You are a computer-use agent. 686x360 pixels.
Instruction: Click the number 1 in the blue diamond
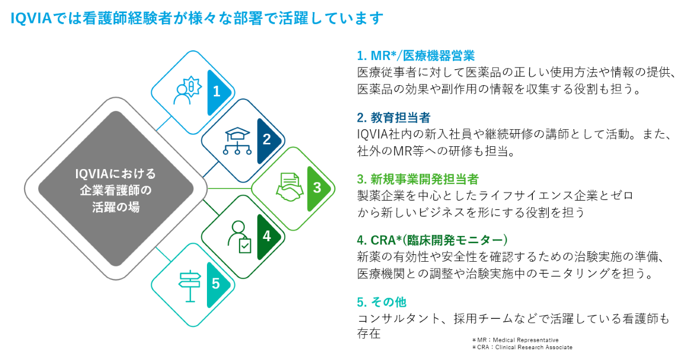[x=217, y=91]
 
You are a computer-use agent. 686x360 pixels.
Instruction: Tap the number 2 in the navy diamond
[x=267, y=139]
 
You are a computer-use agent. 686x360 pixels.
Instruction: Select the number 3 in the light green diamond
[x=317, y=187]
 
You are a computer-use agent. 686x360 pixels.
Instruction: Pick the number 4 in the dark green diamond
[x=267, y=236]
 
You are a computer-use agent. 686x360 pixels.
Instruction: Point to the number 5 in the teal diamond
[x=216, y=284]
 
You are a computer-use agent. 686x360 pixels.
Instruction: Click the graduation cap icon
[x=237, y=141]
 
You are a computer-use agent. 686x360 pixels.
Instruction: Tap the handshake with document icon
[x=290, y=187]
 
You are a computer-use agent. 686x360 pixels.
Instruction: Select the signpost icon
[x=190, y=286]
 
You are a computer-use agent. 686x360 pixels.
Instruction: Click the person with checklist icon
[x=240, y=237]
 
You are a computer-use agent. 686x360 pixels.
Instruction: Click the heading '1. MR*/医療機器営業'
[x=416, y=56]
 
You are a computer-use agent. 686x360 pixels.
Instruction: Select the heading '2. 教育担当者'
[x=394, y=118]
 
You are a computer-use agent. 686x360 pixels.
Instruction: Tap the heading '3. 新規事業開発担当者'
[x=418, y=179]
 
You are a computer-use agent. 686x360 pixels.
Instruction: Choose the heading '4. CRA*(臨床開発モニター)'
[x=432, y=241]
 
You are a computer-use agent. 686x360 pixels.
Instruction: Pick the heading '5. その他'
[x=382, y=302]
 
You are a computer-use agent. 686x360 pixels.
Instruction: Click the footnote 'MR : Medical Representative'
[x=516, y=340]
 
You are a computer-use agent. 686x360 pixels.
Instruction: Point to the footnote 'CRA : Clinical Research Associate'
[x=522, y=347]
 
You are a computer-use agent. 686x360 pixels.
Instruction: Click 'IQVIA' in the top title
[x=31, y=18]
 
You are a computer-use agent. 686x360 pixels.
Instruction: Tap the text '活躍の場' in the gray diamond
[x=115, y=207]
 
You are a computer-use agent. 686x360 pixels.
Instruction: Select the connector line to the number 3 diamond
[x=229, y=188]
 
